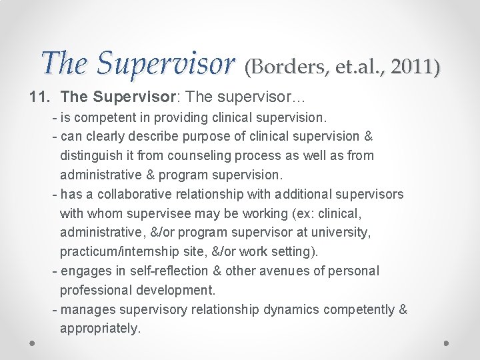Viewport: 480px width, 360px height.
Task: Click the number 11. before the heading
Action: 39,97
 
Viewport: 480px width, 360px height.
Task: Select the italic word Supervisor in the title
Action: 166,63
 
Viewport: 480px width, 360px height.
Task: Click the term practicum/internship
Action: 133,252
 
